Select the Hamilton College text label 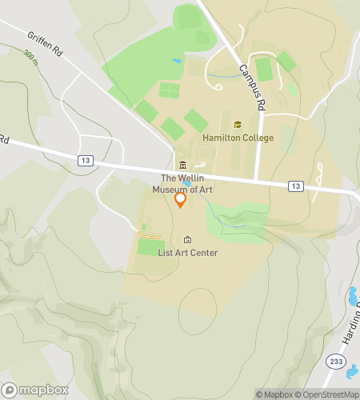238,138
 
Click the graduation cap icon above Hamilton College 237,125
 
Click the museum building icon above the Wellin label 182,165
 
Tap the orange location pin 181,199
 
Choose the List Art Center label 188,253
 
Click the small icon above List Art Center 188,239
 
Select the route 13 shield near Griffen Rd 85,160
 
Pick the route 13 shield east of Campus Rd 297,186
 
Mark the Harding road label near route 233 352,320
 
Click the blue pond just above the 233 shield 352,297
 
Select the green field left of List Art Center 150,246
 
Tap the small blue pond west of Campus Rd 177,61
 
